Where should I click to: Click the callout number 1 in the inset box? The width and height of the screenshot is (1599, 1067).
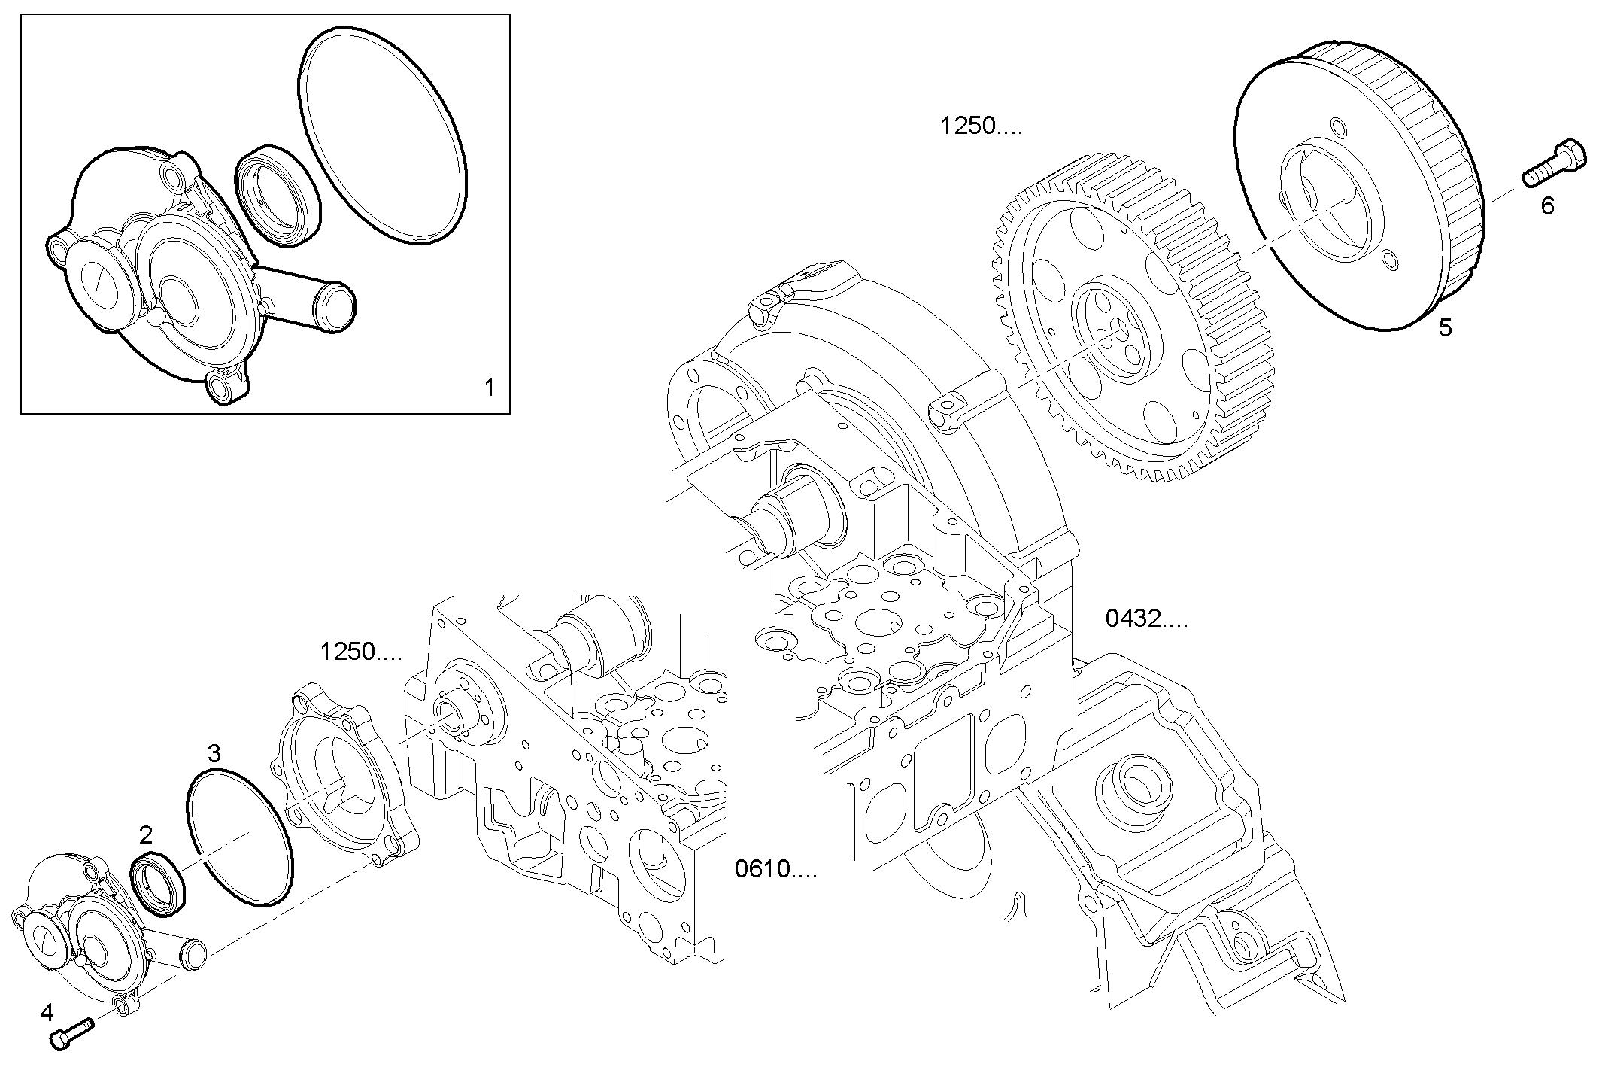(489, 388)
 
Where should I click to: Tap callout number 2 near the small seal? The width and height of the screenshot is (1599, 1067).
(146, 834)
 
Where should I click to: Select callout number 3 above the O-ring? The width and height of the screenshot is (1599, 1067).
(214, 752)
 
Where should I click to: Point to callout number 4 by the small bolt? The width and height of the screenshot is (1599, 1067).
(47, 1013)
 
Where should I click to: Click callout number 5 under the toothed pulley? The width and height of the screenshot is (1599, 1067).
(1445, 327)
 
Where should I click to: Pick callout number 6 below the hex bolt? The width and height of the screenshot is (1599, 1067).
(1546, 205)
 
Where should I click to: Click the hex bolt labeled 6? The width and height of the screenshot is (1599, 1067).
(1555, 163)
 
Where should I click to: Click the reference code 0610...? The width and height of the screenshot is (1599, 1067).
(775, 870)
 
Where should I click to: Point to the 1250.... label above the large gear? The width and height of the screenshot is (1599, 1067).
(981, 126)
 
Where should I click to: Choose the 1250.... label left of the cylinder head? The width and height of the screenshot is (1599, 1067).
(360, 652)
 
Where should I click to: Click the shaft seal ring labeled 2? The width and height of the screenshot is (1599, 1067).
(156, 884)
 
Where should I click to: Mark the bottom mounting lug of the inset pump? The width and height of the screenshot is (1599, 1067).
(221, 388)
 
